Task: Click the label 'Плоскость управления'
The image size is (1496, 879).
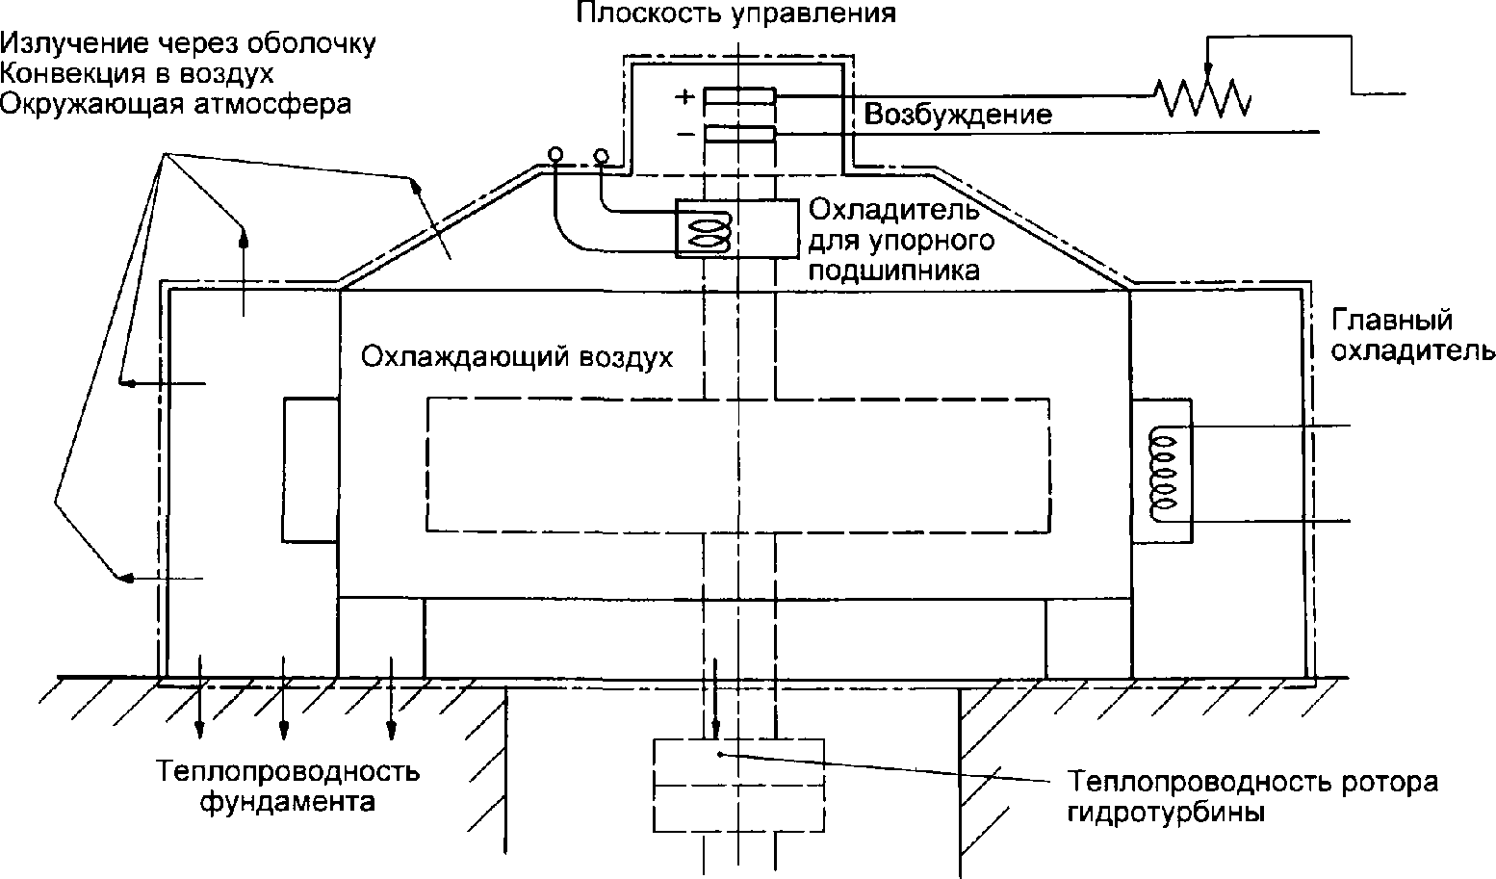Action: coord(736,13)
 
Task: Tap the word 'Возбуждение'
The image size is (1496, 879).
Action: coord(957,116)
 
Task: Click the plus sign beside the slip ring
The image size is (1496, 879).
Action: coord(684,96)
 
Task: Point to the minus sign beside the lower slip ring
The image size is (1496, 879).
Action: coord(684,134)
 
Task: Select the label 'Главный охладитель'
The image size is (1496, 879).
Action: coord(1410,334)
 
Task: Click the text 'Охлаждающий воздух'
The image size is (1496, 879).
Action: coord(516,357)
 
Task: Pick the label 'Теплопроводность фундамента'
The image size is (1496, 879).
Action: coord(289,787)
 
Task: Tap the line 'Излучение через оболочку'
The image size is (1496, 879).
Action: coord(189,43)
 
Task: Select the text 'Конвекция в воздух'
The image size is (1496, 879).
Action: coord(138,73)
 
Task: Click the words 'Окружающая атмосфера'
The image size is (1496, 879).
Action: coord(175,103)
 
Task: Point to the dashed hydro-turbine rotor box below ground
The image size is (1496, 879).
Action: coord(738,784)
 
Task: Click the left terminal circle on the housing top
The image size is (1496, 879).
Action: coord(555,154)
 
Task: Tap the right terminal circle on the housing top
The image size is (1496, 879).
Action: coord(601,154)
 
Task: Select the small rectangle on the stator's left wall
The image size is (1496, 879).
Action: coord(310,470)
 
